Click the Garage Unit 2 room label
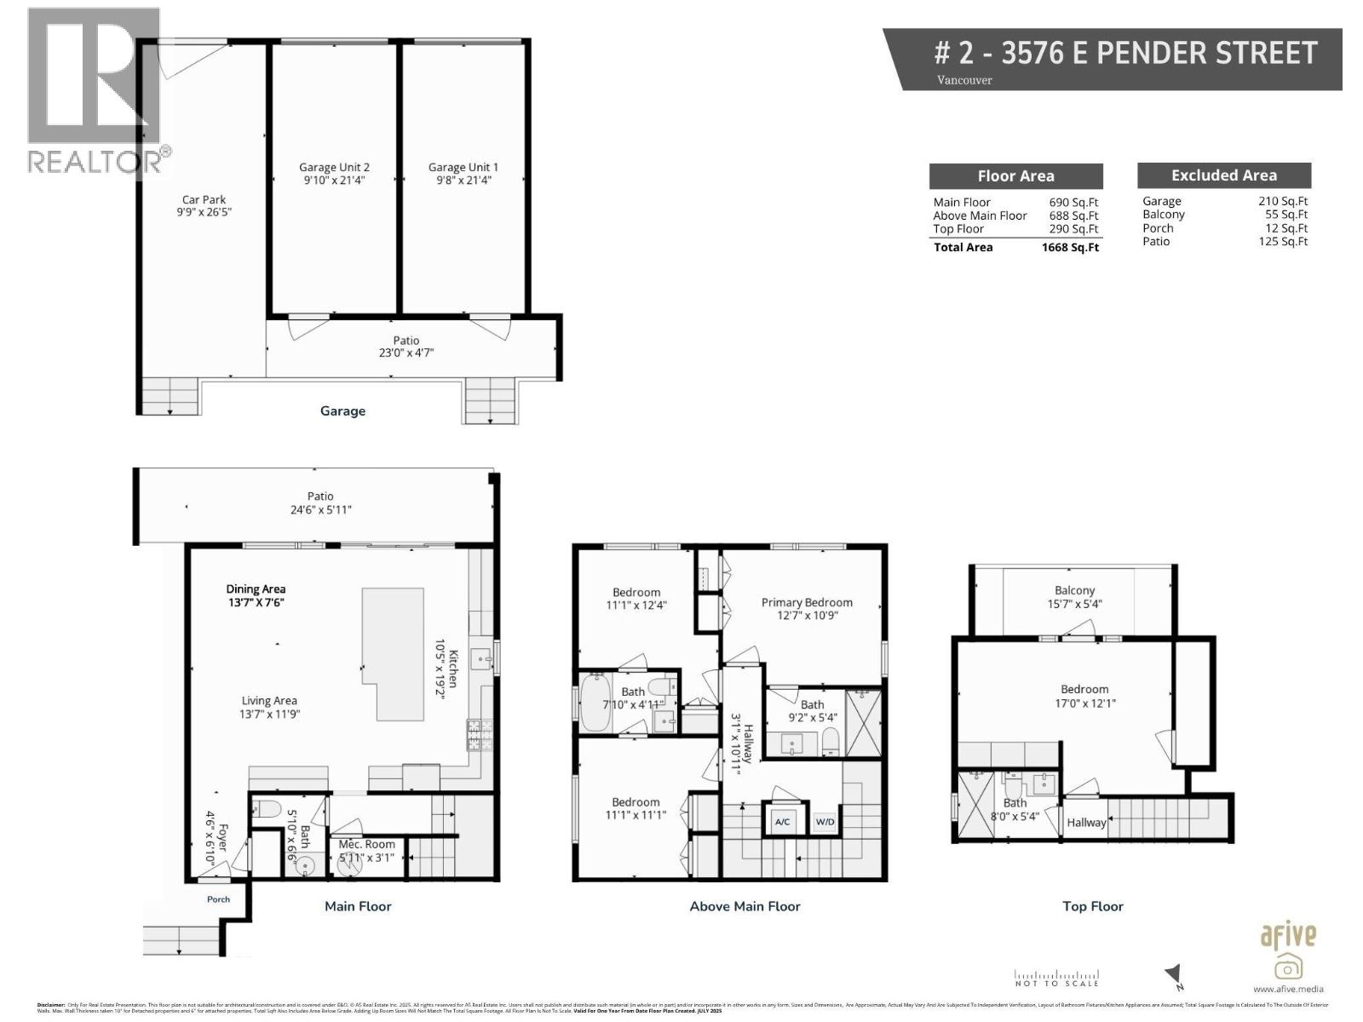[334, 174]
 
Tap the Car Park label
[204, 205]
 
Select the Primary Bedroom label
[806, 608]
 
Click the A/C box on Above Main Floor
[782, 822]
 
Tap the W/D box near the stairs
[825, 822]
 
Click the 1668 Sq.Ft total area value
[1070, 248]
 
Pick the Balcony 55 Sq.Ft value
[1285, 215]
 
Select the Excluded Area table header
[1223, 175]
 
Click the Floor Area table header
[1015, 176]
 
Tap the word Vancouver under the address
[964, 80]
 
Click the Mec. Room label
[367, 851]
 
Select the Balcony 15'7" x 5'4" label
[1074, 597]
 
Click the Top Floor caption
[1092, 906]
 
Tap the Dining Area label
[256, 595]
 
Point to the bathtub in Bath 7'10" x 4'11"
[595, 703]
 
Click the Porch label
[218, 899]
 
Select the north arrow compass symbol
[1175, 975]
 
